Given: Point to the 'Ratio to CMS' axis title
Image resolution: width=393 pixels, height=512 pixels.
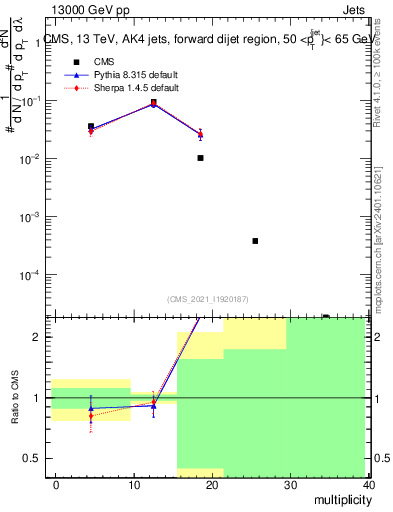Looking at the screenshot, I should pyautogui.click(x=13, y=415).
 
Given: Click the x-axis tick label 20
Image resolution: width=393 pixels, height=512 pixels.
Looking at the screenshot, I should pyautogui.click(x=212, y=485).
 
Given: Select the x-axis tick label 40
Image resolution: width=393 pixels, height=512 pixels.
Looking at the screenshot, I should pyautogui.click(x=368, y=485).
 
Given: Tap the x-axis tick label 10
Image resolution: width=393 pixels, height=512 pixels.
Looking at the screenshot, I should pyautogui.click(x=133, y=485).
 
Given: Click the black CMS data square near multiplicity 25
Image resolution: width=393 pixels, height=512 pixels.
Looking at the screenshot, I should pyautogui.click(x=256, y=241).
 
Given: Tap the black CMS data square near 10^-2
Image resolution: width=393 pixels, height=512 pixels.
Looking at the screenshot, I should pyautogui.click(x=201, y=158).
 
